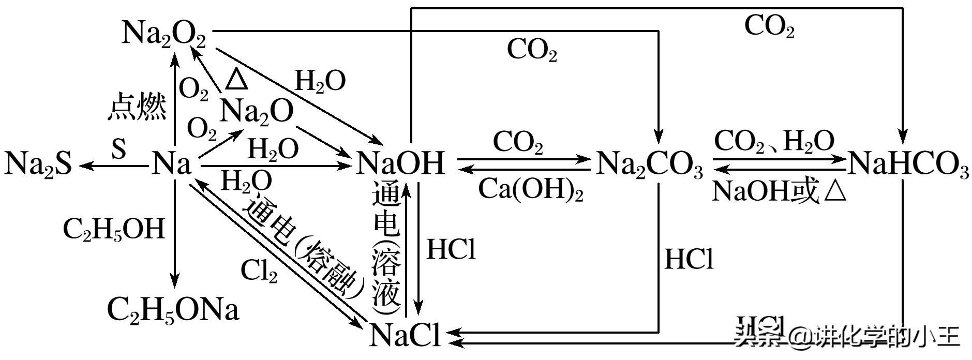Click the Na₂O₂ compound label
tap(163, 34)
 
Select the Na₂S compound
tap(38, 164)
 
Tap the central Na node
tap(171, 164)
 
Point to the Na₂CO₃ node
tap(650, 165)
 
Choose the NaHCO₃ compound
tap(908, 165)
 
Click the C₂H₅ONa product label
tap(173, 311)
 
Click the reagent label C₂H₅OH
tap(114, 229)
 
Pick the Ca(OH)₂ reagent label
tap(530, 190)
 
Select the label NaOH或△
tap(779, 192)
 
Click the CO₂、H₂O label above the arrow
tap(774, 141)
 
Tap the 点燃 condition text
tap(137, 108)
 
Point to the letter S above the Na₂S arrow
tap(118, 149)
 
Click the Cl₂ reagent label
tap(259, 271)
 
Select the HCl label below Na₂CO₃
tap(689, 259)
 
